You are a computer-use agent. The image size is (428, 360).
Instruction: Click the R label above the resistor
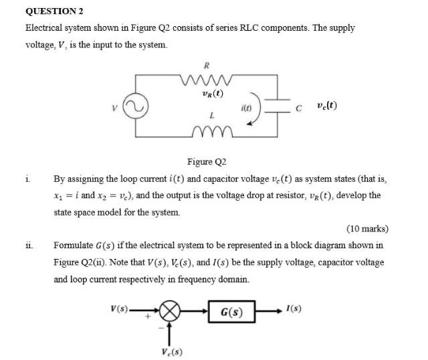pyautogui.click(x=207, y=66)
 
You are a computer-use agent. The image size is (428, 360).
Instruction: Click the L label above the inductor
pyautogui.click(x=211, y=116)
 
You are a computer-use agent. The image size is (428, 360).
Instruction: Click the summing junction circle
pyautogui.click(x=171, y=312)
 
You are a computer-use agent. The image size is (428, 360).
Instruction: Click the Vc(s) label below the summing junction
pyautogui.click(x=172, y=352)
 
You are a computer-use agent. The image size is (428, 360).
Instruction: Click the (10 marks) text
pyautogui.click(x=367, y=229)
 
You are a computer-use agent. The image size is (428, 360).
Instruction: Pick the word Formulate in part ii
pyautogui.click(x=74, y=245)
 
